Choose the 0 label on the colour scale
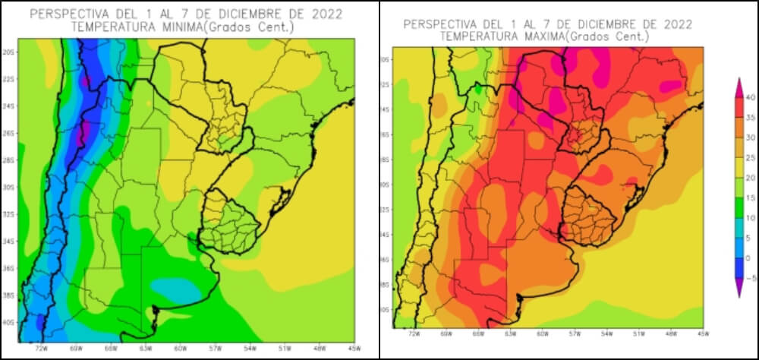click(x=749, y=258)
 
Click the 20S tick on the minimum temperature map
click(x=11, y=52)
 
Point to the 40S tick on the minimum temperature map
click(x=11, y=323)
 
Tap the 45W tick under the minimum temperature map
click(x=354, y=349)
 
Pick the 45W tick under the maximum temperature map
click(x=703, y=333)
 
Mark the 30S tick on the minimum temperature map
click(x=11, y=188)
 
